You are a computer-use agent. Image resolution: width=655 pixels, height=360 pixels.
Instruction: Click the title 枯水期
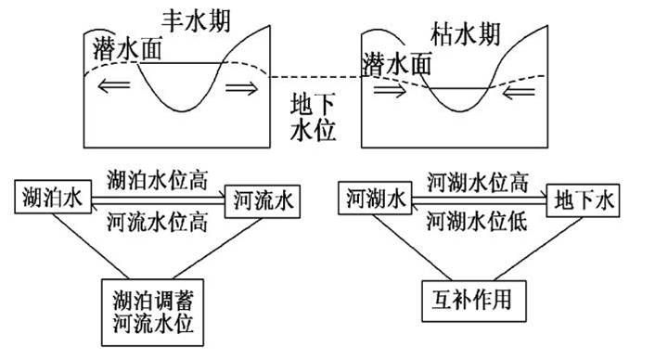(x=467, y=35)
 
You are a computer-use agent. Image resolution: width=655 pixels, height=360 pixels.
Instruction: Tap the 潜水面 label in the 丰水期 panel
(x=127, y=49)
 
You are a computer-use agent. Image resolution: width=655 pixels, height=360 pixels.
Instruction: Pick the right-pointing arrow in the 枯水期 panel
(x=388, y=92)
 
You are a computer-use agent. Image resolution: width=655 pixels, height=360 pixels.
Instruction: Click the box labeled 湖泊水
(x=48, y=197)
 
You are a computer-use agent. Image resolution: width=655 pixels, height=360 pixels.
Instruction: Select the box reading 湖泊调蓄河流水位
(x=153, y=313)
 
